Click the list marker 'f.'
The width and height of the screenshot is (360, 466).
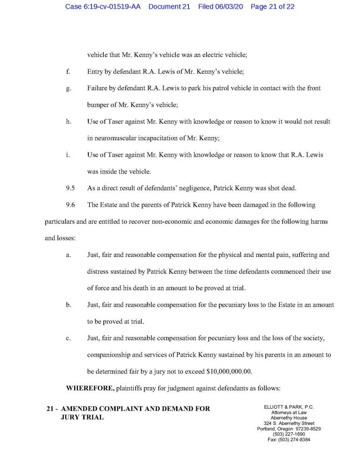pos(68,72)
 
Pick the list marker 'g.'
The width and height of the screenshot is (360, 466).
pos(68,88)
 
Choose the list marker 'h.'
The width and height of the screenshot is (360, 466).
pos(68,122)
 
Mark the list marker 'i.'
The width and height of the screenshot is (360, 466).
pos(67,155)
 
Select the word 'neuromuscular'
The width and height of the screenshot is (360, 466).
pos(114,138)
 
